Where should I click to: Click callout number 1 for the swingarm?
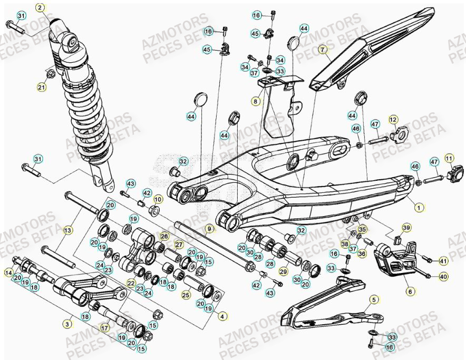click(419, 208)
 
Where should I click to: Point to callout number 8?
click(256, 101)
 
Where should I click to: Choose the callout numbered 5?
click(374, 300)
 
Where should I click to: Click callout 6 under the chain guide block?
click(409, 290)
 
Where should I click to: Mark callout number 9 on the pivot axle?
click(209, 229)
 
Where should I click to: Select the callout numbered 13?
click(67, 230)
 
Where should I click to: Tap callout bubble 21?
click(42, 87)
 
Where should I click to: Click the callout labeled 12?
click(393, 120)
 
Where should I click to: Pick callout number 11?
click(449, 158)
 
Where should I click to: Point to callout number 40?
click(443, 276)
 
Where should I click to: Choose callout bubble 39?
click(406, 227)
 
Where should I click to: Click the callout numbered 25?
click(186, 295)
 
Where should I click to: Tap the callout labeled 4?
click(222, 316)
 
